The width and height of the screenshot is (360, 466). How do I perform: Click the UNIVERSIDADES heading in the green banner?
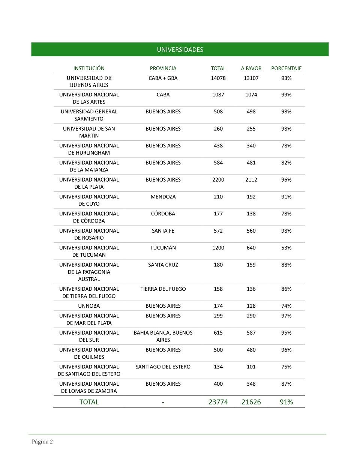pos(180,50)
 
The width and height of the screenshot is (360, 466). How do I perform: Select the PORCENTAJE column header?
pos(286,68)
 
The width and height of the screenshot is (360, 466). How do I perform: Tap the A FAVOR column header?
pos(251,68)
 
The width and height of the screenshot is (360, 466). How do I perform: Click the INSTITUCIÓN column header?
pos(89,68)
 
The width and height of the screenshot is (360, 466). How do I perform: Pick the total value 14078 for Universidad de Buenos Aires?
pos(218,78)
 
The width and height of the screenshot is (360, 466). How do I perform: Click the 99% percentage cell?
pos(286,95)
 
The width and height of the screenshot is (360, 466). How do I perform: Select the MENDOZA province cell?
pos(163,197)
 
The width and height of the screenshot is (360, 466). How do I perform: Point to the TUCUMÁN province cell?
pos(163,248)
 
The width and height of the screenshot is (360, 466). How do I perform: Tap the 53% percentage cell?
pos(286,248)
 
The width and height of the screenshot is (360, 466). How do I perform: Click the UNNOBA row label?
pos(89,306)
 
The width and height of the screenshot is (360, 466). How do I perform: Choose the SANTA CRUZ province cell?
pos(163,265)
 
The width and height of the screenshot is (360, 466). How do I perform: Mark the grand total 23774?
pos(218,402)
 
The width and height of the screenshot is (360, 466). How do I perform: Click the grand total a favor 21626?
pos(251,402)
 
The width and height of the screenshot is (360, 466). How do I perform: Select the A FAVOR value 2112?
pos(251,180)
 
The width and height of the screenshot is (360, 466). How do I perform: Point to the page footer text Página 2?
pos(42,442)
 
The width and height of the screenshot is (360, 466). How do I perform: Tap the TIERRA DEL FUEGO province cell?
pos(163,289)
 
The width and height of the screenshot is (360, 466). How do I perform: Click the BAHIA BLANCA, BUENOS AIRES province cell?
pos(163,336)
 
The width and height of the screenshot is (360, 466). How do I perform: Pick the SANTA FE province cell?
pos(163,231)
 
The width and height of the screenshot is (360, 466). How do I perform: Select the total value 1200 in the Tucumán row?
pos(218,248)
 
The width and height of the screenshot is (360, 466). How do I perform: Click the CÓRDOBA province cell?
pos(163,213)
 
